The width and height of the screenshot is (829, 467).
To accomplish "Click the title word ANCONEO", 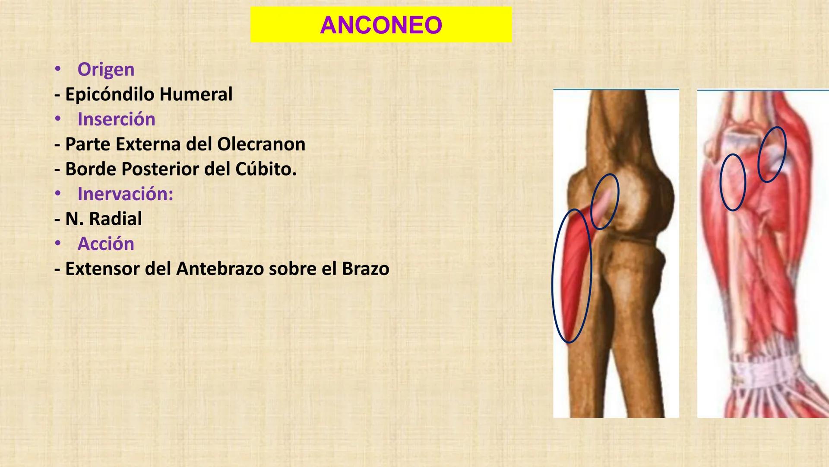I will tap(381, 25).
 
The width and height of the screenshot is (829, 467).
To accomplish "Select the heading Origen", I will tap(106, 70).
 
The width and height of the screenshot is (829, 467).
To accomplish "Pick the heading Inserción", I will tap(116, 119).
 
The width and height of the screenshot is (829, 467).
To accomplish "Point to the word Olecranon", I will tap(261, 144).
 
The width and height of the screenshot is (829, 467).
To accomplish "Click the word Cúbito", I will tap(266, 169).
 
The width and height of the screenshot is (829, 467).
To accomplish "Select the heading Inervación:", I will tap(125, 194).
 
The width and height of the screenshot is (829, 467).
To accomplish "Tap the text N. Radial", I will tap(103, 219).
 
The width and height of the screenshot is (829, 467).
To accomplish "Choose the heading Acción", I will tap(106, 244).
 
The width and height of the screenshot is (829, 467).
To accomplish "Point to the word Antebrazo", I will tap(220, 269).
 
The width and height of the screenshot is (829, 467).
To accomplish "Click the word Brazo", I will tap(365, 269).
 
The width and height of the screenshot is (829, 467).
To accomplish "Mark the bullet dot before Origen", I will tap(58, 69).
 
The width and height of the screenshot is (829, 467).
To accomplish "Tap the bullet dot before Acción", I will tap(58, 243).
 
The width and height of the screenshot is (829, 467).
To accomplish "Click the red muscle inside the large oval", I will tap(573, 277).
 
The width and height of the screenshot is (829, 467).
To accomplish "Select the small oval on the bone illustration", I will tap(604, 202).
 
